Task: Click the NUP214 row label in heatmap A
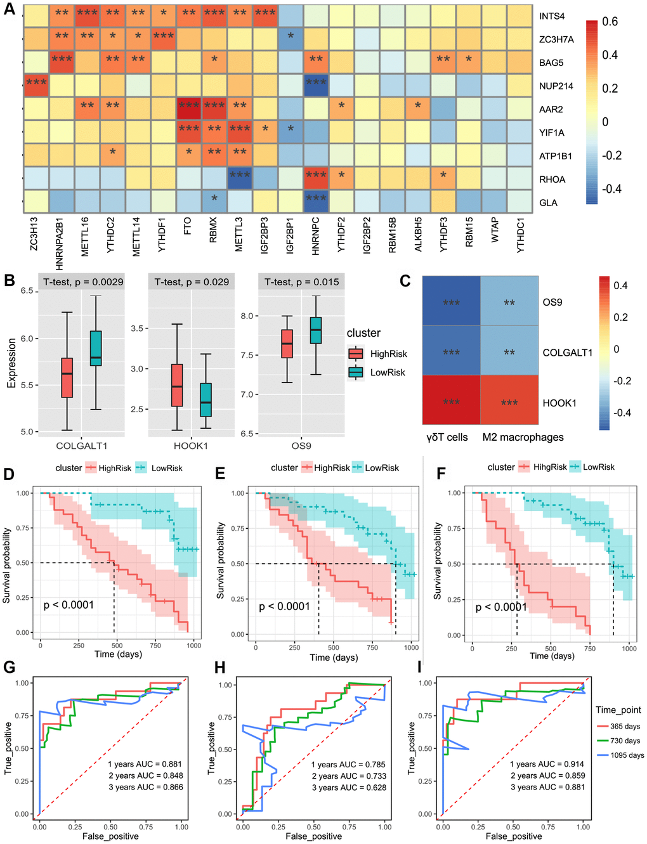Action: click(x=556, y=86)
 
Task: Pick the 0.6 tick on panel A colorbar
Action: click(x=610, y=22)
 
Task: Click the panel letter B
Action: click(x=10, y=280)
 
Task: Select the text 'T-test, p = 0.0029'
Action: click(x=83, y=282)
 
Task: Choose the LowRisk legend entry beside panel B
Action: click(x=387, y=372)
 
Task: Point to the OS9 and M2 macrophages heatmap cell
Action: click(x=509, y=302)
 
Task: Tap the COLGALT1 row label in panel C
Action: click(x=567, y=353)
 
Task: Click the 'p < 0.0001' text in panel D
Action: click(x=69, y=605)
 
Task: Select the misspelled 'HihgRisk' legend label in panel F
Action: click(x=550, y=467)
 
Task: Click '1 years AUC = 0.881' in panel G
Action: click(x=145, y=764)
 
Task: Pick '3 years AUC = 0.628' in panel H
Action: click(x=348, y=788)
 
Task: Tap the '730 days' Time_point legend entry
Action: click(x=625, y=741)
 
